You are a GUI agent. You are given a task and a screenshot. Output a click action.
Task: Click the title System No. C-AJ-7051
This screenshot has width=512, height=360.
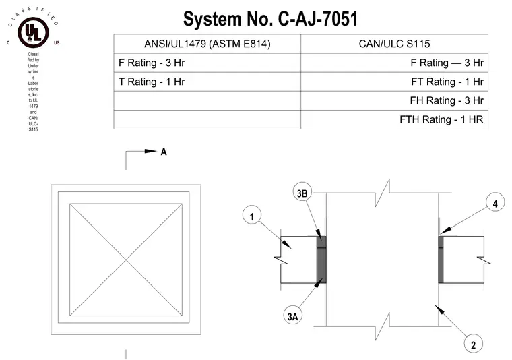(270, 19)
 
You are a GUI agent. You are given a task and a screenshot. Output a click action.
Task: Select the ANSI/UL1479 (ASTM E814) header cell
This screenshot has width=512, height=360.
(207, 44)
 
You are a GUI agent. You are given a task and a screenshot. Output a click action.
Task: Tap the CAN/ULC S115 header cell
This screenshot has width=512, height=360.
(395, 44)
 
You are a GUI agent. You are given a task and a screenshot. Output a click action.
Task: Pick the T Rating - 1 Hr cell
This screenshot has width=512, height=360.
(207, 82)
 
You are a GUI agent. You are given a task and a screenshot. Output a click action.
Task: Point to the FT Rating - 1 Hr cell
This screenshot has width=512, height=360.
(395, 82)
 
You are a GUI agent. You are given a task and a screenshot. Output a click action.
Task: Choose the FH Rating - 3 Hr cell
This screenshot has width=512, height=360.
(395, 100)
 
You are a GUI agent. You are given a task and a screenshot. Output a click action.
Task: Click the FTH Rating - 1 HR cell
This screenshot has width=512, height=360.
(395, 119)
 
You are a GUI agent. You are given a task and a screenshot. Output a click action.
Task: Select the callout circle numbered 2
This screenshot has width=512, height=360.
(473, 344)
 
